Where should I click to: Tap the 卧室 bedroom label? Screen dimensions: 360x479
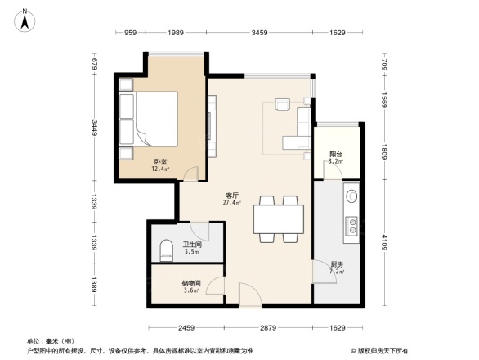[x=160, y=162]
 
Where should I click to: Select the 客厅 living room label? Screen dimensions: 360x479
[x=232, y=195]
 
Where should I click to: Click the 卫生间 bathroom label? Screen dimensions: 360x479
[x=192, y=245]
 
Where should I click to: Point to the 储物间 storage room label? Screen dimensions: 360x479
[x=191, y=282]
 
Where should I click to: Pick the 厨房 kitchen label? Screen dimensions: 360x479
[x=336, y=263]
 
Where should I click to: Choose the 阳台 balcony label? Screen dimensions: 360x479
[x=335, y=154]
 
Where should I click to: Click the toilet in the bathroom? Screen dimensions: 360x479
[x=166, y=249]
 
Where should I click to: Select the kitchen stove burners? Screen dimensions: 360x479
[x=352, y=225]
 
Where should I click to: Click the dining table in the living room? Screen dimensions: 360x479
[x=278, y=218]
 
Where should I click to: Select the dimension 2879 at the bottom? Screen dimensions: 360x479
[x=270, y=328]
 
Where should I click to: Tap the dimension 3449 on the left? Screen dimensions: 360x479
[x=95, y=127]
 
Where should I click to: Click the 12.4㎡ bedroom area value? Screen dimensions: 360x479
[x=160, y=169]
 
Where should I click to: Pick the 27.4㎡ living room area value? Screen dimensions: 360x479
[x=232, y=202]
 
